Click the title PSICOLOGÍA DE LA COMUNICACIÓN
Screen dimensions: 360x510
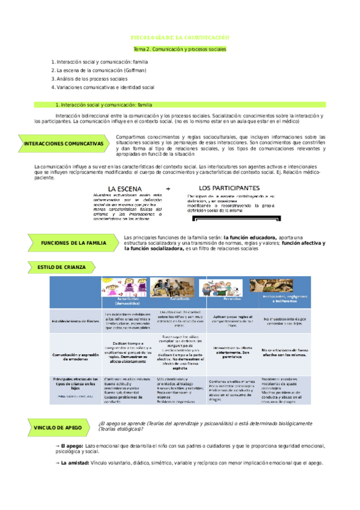(x=180, y=37)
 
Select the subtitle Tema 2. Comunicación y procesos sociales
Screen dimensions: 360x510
(x=180, y=49)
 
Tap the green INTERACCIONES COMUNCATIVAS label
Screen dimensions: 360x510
(x=64, y=144)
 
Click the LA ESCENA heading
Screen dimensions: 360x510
(x=125, y=188)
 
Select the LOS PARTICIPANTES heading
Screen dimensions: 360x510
(x=229, y=187)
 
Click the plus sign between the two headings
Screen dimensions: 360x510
(x=168, y=188)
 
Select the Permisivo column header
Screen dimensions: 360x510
(x=224, y=298)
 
